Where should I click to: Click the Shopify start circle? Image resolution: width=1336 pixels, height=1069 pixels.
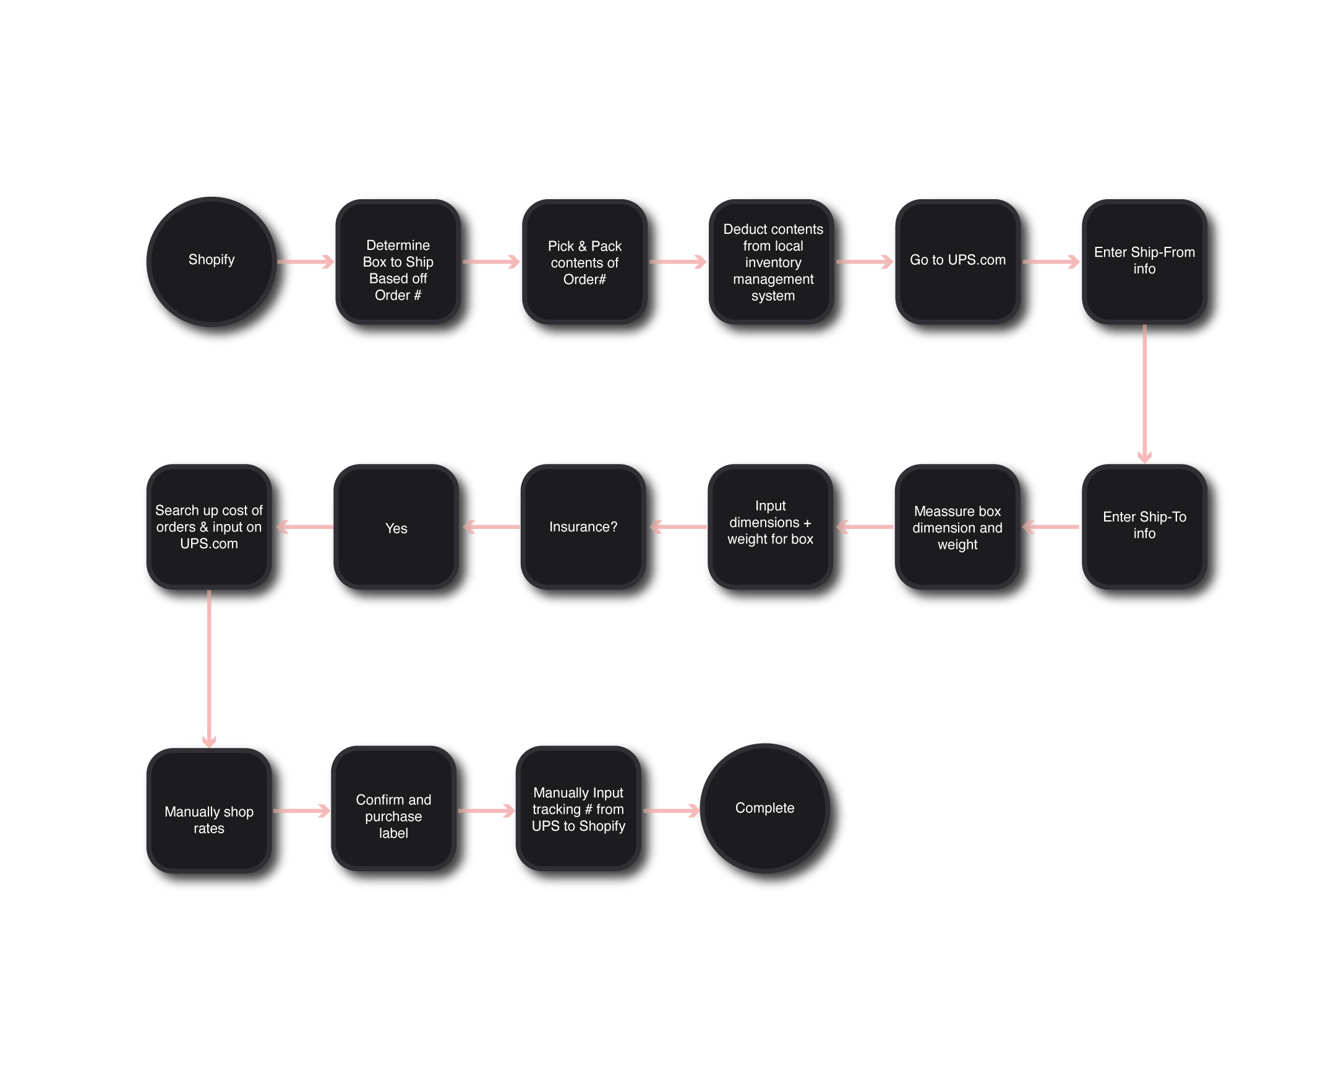(x=212, y=262)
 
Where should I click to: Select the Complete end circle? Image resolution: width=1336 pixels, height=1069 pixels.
(x=764, y=808)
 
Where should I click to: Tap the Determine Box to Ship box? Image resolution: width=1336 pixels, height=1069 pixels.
(x=398, y=262)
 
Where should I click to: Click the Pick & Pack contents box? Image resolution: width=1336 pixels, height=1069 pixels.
(x=584, y=262)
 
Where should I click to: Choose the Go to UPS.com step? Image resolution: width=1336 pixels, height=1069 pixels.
(x=957, y=262)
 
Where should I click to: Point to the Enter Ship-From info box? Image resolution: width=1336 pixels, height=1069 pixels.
(x=1144, y=262)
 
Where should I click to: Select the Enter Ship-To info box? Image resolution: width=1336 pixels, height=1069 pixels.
(x=1144, y=526)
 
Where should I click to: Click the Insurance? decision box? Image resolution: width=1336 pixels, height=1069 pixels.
(x=583, y=526)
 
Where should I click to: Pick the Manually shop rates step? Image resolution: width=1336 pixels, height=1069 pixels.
(x=209, y=810)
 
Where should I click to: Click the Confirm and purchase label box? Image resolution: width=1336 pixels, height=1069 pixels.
(x=393, y=809)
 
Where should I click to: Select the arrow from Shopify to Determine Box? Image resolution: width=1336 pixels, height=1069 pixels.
(x=306, y=262)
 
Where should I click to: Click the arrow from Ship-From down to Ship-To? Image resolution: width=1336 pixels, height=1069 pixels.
(x=1144, y=393)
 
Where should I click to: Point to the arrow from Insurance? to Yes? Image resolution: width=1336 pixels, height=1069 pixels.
(x=490, y=526)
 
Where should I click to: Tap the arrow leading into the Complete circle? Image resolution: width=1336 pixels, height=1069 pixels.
(x=671, y=810)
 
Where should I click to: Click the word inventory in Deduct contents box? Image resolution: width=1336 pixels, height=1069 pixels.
(x=773, y=263)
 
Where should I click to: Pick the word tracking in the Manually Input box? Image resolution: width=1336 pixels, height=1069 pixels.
(x=557, y=809)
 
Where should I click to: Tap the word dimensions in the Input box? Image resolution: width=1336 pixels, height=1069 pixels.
(x=764, y=522)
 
